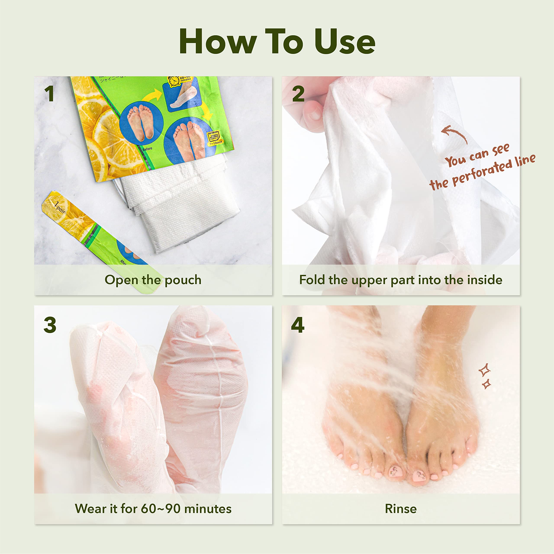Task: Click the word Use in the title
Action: [345, 42]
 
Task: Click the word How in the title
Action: [218, 42]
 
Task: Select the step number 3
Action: [50, 325]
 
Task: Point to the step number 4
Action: [298, 325]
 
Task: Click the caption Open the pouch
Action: [153, 280]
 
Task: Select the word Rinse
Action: [401, 509]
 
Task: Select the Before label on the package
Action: [147, 149]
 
